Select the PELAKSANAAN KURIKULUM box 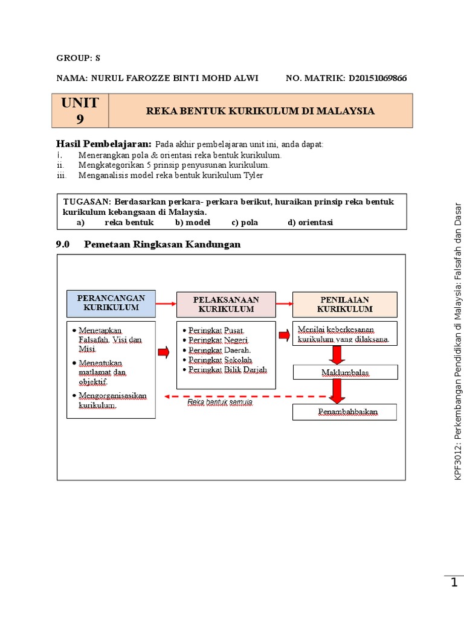tap(225, 304)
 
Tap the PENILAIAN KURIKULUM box tap(345, 304)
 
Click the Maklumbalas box tap(345, 372)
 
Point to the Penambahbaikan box tap(345, 412)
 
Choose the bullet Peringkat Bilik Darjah tap(227, 369)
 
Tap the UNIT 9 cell tap(80, 110)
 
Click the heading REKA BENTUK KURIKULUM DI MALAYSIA tap(260, 111)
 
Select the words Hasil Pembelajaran tap(103, 144)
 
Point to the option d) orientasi tap(310, 222)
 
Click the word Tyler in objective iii tap(253, 176)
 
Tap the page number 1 tap(454, 582)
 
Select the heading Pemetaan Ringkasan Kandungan tap(162, 244)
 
